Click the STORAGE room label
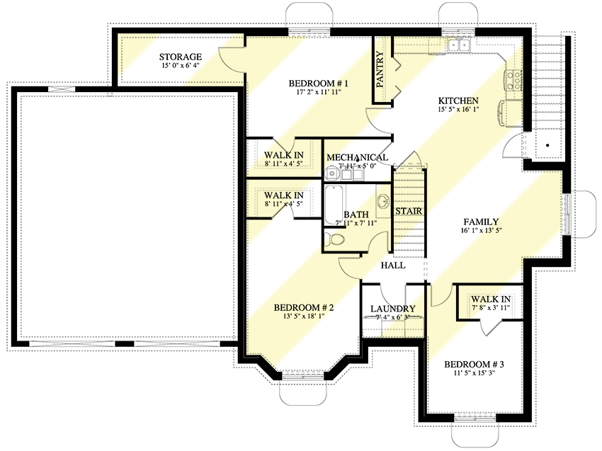(181, 57)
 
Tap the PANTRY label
(380, 69)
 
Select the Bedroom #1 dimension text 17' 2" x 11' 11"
(319, 92)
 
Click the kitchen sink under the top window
(459, 45)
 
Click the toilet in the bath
(335, 239)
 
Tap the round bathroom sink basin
(383, 201)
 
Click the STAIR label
(409, 211)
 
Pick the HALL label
(393, 266)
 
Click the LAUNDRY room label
(393, 309)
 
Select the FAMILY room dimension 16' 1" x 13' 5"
(482, 231)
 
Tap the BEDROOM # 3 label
(474, 364)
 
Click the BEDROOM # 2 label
(304, 307)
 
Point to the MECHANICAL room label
(357, 157)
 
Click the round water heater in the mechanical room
(331, 174)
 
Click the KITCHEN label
(458, 101)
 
